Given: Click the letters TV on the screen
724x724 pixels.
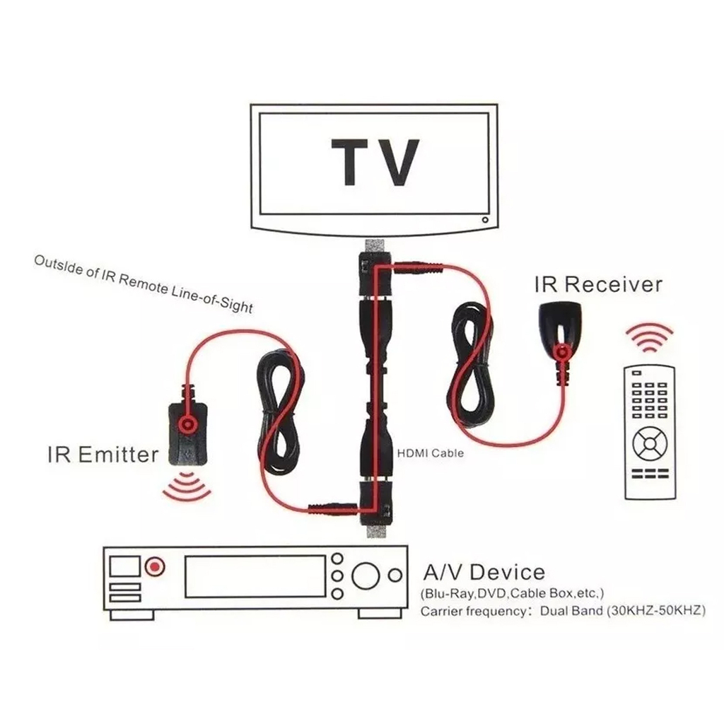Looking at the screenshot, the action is pyautogui.click(x=375, y=162).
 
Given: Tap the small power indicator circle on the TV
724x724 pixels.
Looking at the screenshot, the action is pyautogui.click(x=485, y=220).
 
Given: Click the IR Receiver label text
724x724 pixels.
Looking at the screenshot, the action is pyautogui.click(x=598, y=284).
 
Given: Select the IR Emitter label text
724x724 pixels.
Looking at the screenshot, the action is pyautogui.click(x=103, y=455).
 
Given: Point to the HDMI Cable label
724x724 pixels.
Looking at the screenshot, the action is pyautogui.click(x=431, y=453).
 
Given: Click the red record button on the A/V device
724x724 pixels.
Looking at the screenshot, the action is pyautogui.click(x=155, y=566).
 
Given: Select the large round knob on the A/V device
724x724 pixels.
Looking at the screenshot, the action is pyautogui.click(x=366, y=576).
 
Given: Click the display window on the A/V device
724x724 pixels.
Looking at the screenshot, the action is pyautogui.click(x=255, y=576).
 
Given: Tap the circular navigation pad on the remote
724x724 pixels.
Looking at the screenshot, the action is pyautogui.click(x=650, y=444).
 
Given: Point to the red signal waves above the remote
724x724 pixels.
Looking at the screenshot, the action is pyautogui.click(x=650, y=337).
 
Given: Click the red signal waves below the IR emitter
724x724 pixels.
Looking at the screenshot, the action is pyautogui.click(x=187, y=486).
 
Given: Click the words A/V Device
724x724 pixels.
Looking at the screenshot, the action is pyautogui.click(x=484, y=572).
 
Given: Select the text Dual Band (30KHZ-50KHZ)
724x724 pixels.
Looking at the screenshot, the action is pyautogui.click(x=623, y=610).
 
